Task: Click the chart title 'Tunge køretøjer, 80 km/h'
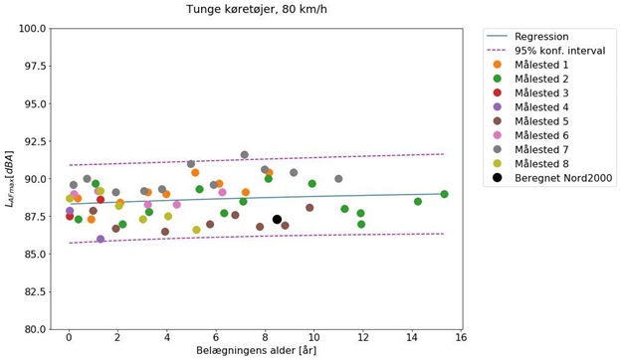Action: click(x=256, y=10)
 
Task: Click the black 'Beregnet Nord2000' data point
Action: click(x=278, y=220)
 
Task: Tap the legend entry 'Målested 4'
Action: click(x=543, y=106)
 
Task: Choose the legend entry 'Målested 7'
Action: click(x=543, y=149)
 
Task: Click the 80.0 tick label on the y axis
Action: click(x=33, y=329)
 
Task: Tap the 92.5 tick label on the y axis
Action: click(x=33, y=141)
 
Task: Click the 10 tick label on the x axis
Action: click(x=314, y=339)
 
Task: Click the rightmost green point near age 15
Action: click(x=445, y=194)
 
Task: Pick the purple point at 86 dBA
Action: click(x=101, y=239)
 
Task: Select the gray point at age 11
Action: click(x=338, y=179)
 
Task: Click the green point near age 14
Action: click(x=418, y=202)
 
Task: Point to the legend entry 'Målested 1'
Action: click(x=543, y=64)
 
